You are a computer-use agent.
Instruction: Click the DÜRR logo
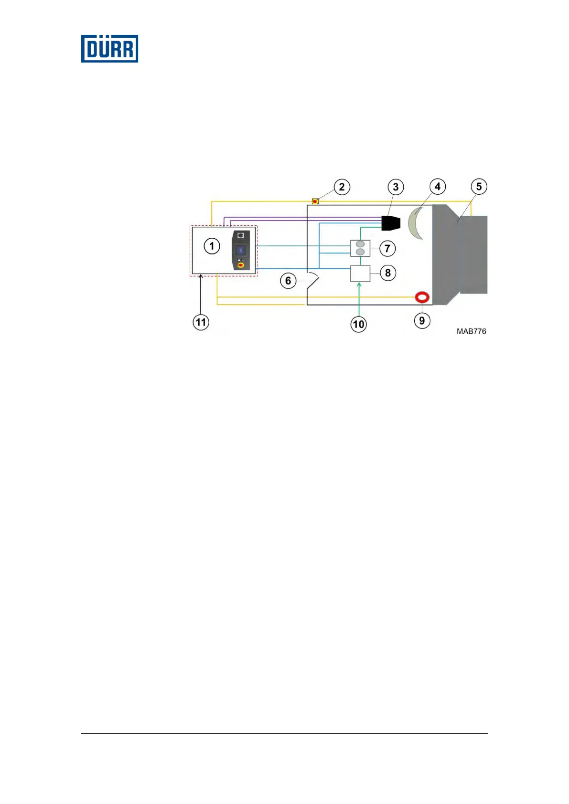click(109, 48)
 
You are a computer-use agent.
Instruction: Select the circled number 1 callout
click(212, 246)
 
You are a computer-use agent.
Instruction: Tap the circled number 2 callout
click(342, 187)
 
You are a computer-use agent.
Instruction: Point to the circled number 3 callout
click(396, 187)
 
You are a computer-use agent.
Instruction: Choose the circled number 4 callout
click(438, 186)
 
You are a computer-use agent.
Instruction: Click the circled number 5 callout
click(479, 186)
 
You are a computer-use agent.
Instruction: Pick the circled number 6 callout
click(288, 281)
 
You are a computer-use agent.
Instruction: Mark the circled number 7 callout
click(387, 248)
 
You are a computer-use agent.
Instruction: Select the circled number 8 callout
click(388, 273)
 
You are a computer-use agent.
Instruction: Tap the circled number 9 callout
click(422, 320)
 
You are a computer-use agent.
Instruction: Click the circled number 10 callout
click(359, 325)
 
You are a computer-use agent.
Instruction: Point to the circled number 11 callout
click(201, 322)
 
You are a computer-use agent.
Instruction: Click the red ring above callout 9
click(422, 298)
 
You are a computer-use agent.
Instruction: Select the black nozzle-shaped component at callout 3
click(391, 223)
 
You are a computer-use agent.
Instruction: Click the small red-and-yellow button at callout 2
click(315, 201)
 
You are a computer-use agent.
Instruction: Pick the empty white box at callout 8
click(360, 274)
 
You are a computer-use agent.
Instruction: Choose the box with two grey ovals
click(360, 248)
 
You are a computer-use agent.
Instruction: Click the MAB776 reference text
click(471, 331)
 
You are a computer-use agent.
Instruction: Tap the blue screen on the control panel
click(241, 250)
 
